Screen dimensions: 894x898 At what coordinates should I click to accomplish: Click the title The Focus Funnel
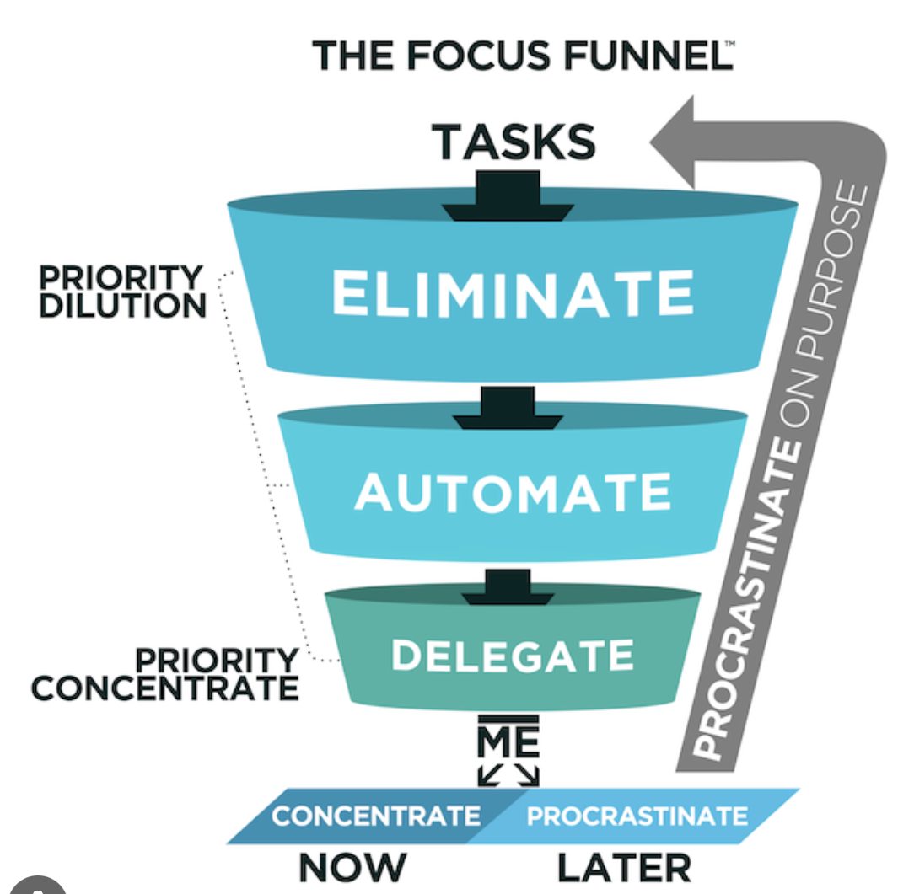[x=522, y=56]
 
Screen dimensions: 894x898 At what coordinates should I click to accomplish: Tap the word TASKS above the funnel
[x=515, y=141]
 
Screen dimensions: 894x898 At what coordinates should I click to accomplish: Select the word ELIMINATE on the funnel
[x=514, y=294]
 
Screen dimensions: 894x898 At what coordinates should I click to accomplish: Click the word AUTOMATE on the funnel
[x=513, y=492]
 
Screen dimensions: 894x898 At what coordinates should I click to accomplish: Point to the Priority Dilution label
[x=123, y=292]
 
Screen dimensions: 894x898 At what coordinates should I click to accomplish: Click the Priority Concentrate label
[x=165, y=674]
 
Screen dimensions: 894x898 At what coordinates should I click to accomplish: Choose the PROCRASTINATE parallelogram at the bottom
[x=637, y=816]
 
